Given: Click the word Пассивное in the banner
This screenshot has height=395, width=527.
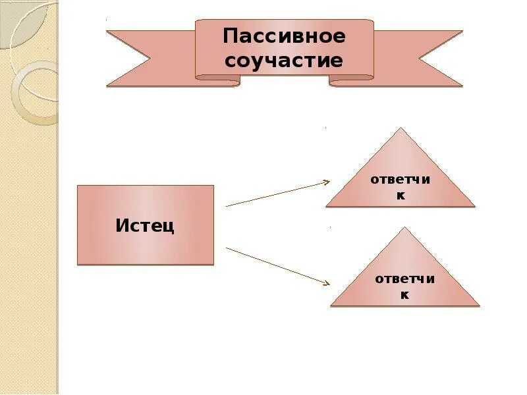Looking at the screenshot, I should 284,36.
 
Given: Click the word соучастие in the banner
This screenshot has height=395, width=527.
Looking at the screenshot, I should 284,61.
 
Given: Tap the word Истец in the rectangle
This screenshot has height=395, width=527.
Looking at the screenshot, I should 145,225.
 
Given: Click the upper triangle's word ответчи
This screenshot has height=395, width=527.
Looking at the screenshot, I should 400,180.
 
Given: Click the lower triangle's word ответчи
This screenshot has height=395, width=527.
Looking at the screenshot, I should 404,278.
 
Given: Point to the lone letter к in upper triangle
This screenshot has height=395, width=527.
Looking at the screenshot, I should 400,196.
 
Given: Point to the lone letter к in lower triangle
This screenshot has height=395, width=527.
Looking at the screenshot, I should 404,295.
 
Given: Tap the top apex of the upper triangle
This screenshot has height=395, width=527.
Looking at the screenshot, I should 400,128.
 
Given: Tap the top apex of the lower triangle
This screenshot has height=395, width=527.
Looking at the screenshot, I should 405,228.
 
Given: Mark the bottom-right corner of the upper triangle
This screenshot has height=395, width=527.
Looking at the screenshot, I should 474,206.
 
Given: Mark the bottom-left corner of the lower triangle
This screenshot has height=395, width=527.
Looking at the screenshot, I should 331,305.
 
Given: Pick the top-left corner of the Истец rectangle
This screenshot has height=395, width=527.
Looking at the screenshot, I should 78,186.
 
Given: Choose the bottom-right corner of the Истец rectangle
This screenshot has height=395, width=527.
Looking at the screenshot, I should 213,264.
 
